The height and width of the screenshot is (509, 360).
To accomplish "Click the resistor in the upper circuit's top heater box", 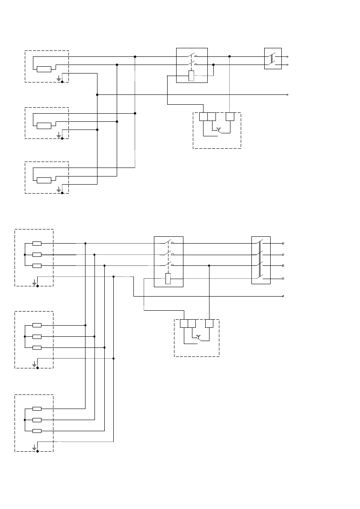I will click(x=44, y=69).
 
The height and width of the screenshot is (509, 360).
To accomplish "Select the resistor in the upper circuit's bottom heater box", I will click(x=44, y=180).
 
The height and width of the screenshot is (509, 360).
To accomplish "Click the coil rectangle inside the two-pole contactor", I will click(x=192, y=76).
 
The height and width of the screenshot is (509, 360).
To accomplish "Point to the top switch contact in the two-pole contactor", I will click(x=192, y=56).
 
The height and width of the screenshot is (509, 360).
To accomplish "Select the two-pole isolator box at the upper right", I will click(x=273, y=59).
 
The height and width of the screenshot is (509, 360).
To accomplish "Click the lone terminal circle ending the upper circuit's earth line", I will click(x=287, y=94).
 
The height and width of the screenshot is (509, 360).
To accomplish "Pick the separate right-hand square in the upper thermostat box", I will click(x=230, y=117).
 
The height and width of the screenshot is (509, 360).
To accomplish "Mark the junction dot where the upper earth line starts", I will click(x=97, y=94).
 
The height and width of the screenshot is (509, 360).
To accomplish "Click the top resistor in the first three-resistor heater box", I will click(x=37, y=244).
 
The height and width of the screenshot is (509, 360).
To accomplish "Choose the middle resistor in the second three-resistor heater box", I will click(x=37, y=336).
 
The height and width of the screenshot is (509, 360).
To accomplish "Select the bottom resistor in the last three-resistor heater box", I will click(x=37, y=431).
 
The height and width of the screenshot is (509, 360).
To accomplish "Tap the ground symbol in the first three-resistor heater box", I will click(x=35, y=282).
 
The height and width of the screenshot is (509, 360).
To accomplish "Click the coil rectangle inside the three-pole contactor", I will click(x=168, y=279).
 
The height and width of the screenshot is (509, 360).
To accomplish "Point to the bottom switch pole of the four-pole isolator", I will click(x=261, y=278).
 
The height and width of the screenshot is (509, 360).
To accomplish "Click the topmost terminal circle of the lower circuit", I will click(x=283, y=243).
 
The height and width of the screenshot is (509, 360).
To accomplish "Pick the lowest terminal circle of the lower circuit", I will click(x=283, y=296).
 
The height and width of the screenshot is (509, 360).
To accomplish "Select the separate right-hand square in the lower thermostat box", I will click(x=209, y=324).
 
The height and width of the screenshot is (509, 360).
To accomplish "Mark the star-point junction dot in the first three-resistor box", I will click(x=25, y=255).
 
